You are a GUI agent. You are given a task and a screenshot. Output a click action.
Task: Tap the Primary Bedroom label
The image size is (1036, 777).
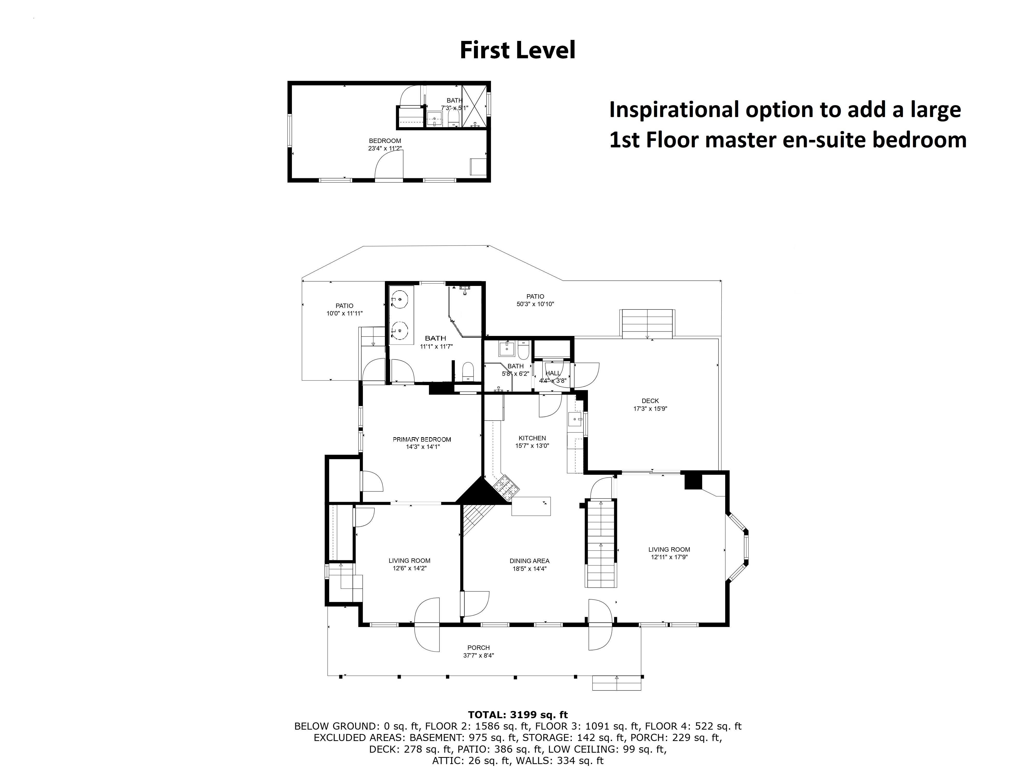click(421, 439)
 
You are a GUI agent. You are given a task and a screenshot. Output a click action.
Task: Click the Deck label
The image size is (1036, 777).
click(650, 401)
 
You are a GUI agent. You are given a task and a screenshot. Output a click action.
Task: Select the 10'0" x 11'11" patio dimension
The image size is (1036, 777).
click(345, 313)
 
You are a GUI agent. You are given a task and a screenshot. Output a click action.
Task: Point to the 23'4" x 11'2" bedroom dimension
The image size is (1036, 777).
click(385, 148)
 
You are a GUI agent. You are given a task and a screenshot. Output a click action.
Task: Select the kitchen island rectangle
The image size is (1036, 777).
click(531, 506)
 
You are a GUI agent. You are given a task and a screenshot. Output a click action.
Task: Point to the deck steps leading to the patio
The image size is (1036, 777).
click(647, 323)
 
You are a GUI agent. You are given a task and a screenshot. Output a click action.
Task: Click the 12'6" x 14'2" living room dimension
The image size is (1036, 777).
click(409, 568)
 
